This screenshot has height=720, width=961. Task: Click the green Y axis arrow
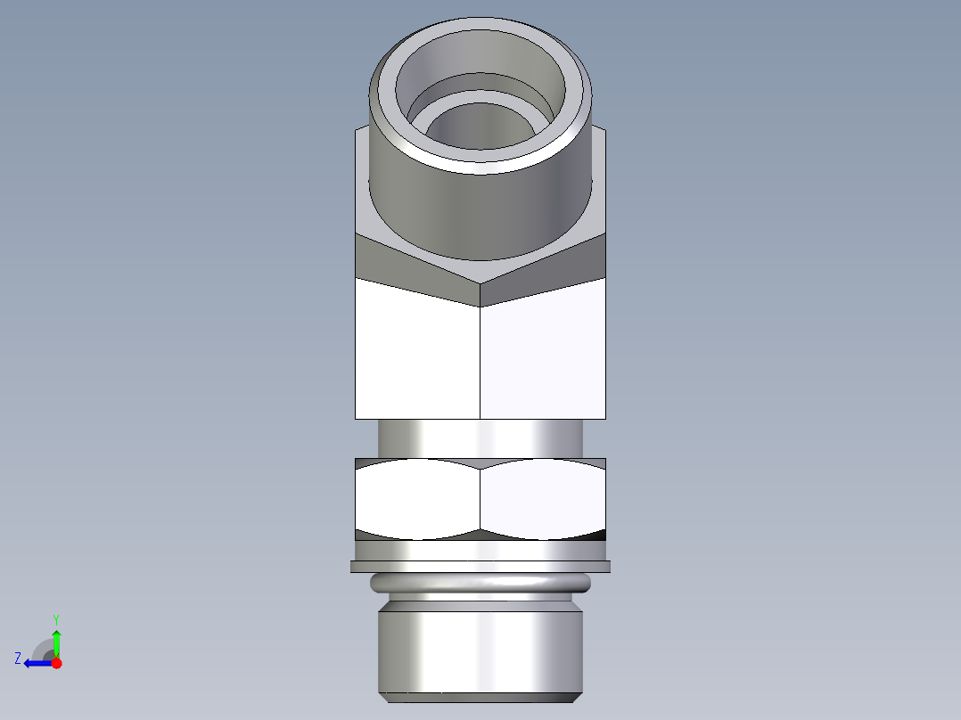click(x=56, y=640)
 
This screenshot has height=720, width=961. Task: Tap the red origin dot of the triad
click(x=56, y=663)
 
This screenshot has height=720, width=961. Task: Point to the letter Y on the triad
click(x=55, y=618)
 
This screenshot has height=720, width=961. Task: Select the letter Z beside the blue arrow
click(x=18, y=659)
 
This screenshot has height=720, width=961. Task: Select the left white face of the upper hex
click(x=417, y=356)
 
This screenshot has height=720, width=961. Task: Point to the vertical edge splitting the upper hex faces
click(x=480, y=356)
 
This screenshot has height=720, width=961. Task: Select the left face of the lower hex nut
click(x=417, y=499)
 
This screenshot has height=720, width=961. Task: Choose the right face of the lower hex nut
click(x=542, y=499)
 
